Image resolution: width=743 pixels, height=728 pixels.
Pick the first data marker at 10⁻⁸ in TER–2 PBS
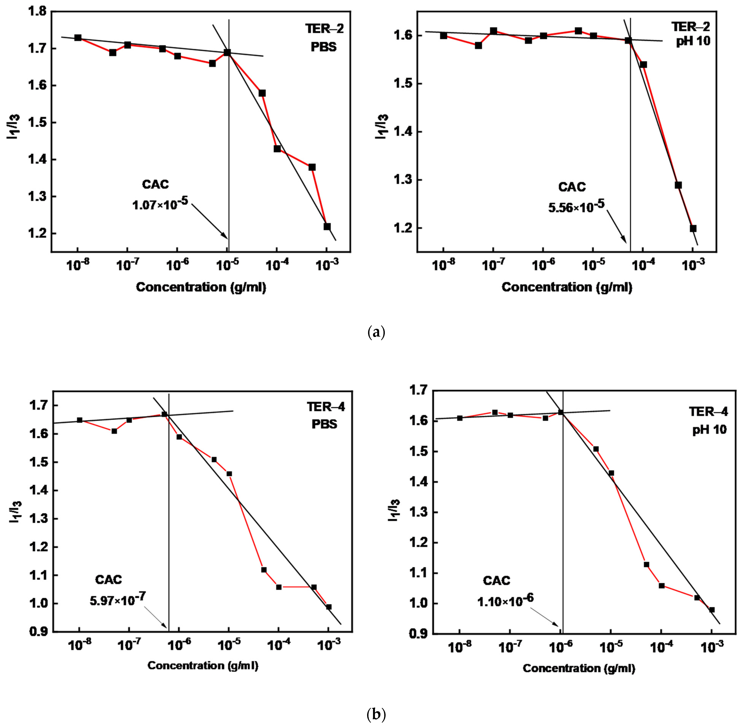(x=78, y=38)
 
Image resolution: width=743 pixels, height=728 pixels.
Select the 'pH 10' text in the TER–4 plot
(x=709, y=429)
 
